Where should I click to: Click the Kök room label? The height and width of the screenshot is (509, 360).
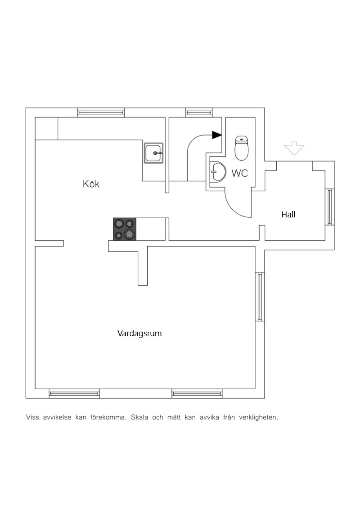click(x=91, y=184)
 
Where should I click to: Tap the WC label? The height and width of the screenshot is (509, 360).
click(x=240, y=173)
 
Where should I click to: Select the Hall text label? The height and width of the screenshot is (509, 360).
click(x=288, y=214)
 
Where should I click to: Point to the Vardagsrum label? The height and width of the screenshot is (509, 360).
click(x=139, y=334)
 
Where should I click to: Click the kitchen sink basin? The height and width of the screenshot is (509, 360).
click(x=153, y=153)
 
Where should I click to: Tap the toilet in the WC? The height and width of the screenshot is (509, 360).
click(x=241, y=148)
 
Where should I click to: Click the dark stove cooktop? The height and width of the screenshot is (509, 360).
click(x=124, y=229)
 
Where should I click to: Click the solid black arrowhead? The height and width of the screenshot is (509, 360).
click(x=217, y=135)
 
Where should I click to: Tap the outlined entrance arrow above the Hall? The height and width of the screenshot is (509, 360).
click(x=294, y=148)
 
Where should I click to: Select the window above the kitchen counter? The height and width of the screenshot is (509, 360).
click(x=101, y=112)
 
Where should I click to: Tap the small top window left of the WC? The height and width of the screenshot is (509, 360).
click(x=199, y=112)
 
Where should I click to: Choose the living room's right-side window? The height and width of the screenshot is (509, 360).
click(x=260, y=297)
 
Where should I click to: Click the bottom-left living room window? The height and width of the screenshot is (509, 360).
click(x=74, y=394)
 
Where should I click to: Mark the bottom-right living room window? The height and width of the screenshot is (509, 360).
click(x=197, y=394)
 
